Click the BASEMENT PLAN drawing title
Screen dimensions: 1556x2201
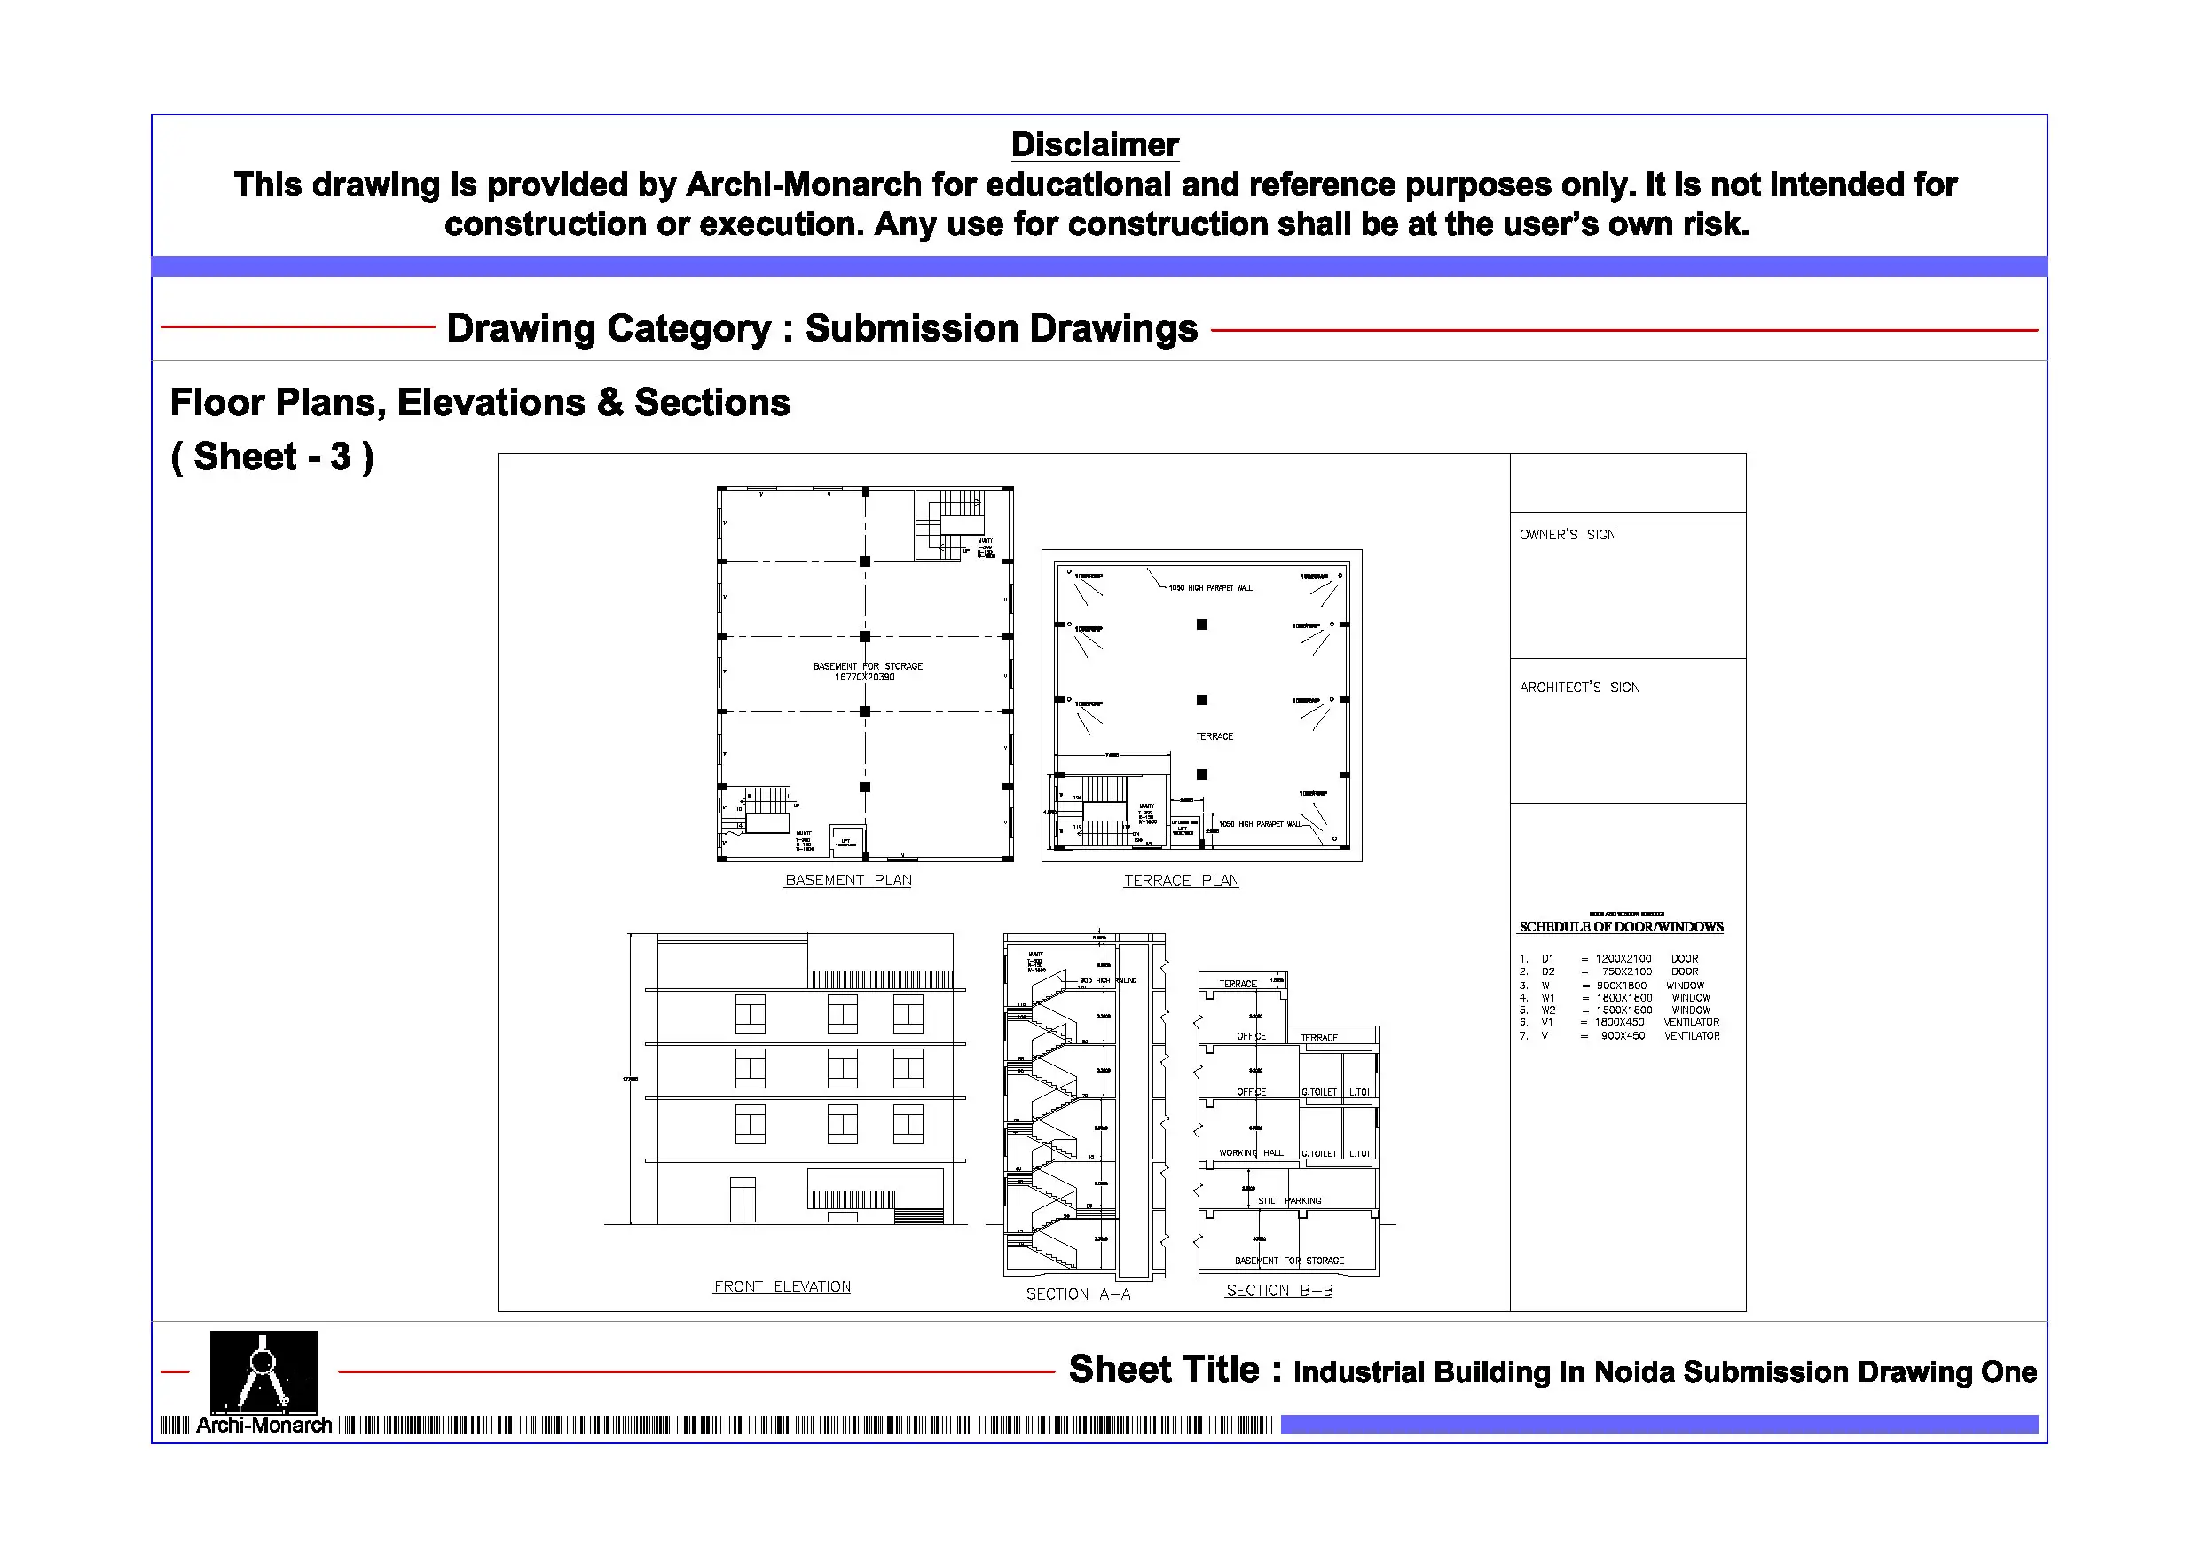[x=847, y=880]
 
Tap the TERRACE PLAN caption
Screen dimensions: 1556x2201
[x=1180, y=880]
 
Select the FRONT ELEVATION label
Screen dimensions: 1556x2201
[x=782, y=1286]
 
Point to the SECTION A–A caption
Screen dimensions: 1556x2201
[x=1078, y=1294]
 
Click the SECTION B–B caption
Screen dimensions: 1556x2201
[x=1278, y=1291]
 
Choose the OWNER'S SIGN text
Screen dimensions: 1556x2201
[x=1567, y=535]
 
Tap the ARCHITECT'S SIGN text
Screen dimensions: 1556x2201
[x=1579, y=688]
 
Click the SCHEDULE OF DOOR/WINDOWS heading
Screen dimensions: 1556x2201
[x=1620, y=927]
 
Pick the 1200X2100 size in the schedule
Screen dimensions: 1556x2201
[x=1623, y=959]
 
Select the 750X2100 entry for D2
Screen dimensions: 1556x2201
[x=1626, y=971]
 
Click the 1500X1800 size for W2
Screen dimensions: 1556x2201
[x=1623, y=1010]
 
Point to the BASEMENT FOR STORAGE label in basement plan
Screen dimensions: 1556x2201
[x=868, y=666]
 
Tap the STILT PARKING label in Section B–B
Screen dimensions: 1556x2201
[x=1288, y=1200]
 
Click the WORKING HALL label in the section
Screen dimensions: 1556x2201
[x=1250, y=1153]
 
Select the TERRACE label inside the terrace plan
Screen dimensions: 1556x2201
[x=1214, y=736]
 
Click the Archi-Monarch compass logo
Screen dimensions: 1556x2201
[x=263, y=1371]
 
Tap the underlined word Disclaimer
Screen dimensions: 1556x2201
[x=1094, y=145]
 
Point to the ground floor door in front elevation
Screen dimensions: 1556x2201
[x=742, y=1199]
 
